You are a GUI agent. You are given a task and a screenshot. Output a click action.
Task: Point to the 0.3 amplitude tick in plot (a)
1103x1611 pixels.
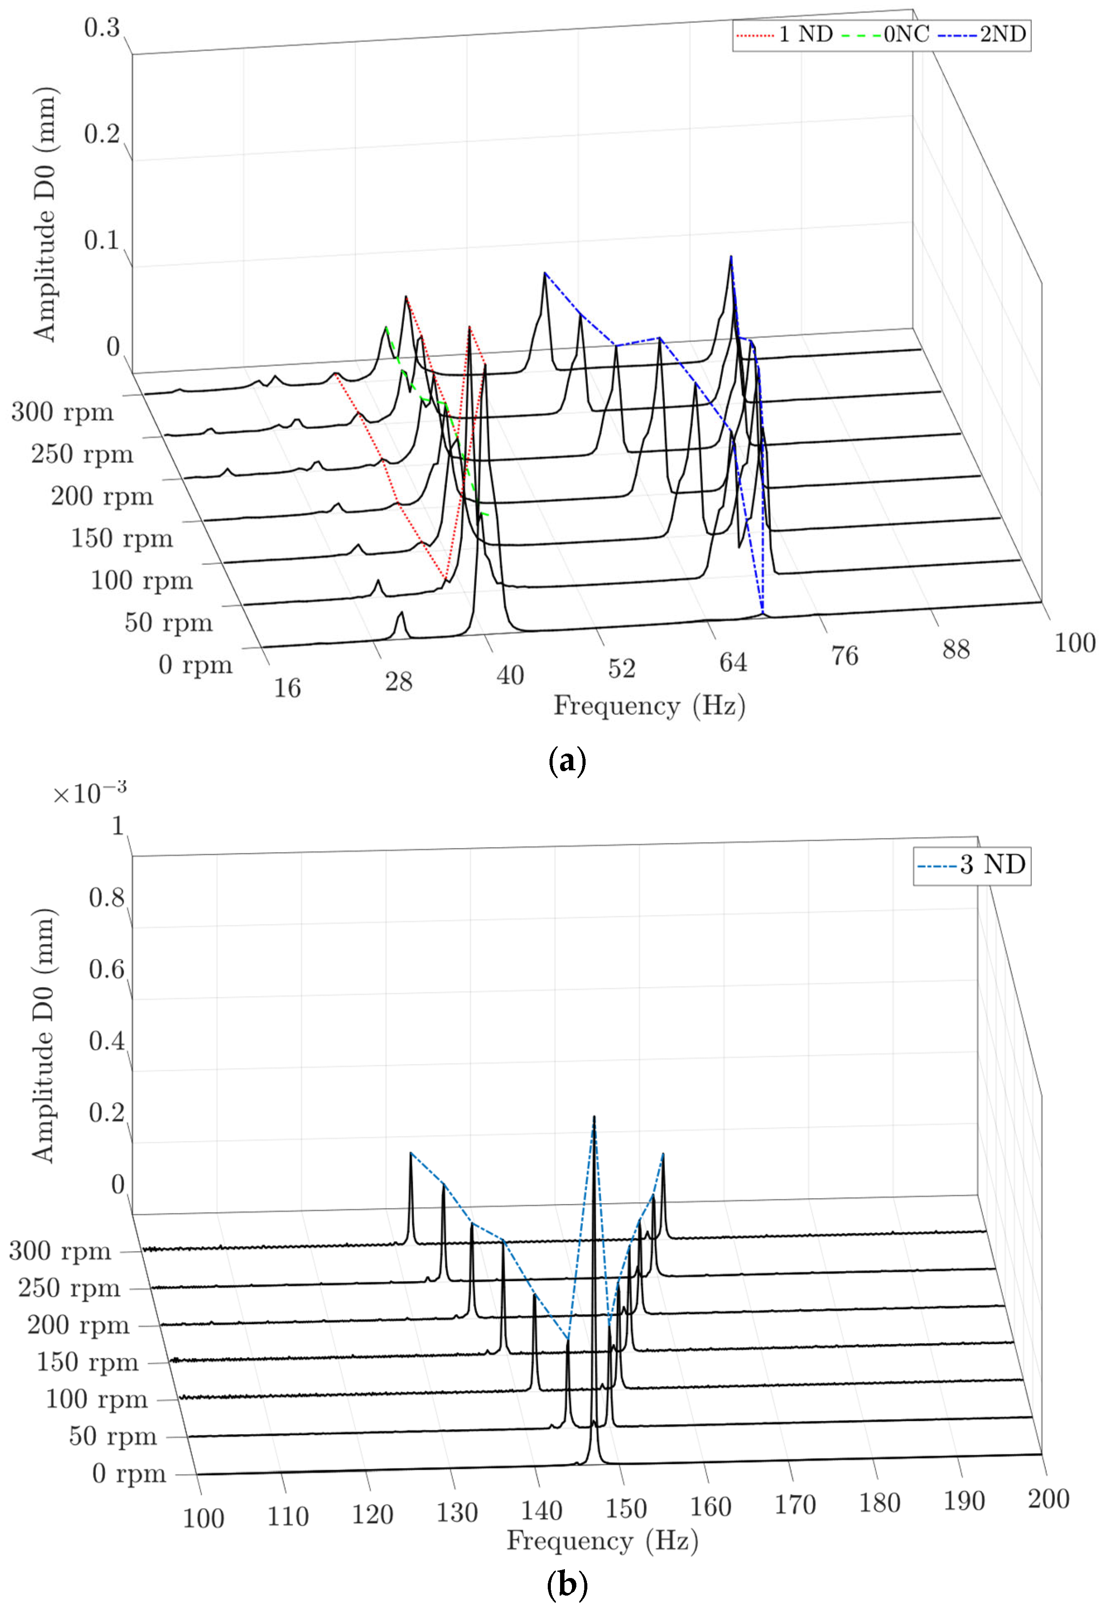(x=102, y=29)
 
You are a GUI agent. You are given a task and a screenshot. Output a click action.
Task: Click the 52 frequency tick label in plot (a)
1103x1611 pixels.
(x=621, y=668)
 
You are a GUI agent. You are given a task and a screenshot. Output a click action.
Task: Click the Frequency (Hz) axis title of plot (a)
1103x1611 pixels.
(x=649, y=706)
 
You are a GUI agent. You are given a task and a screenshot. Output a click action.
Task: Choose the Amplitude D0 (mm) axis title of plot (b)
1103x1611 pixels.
(x=43, y=1035)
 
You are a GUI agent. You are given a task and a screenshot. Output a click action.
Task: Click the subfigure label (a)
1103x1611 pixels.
(x=566, y=761)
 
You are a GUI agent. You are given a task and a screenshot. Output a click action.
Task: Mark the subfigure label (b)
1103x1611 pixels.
(x=566, y=1585)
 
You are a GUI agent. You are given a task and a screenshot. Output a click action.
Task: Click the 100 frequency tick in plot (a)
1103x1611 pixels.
(x=1074, y=643)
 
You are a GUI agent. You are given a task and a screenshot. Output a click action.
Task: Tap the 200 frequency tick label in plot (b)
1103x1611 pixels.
(x=1048, y=1499)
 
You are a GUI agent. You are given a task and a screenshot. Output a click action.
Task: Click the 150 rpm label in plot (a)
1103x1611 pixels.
(x=121, y=538)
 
